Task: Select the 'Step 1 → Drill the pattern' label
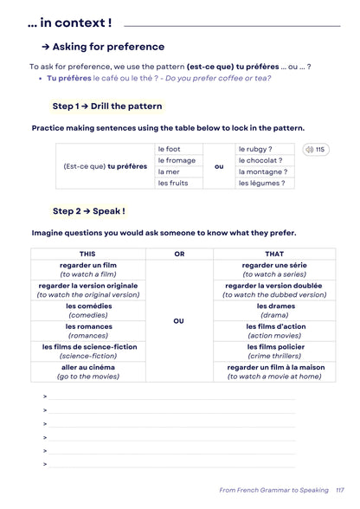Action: pos(106,106)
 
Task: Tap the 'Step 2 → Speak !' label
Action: pos(88,210)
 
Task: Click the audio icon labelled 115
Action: pos(315,150)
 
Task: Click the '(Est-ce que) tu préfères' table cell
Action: pos(106,166)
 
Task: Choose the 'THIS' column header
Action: pos(87,254)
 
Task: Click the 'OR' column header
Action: pos(179,254)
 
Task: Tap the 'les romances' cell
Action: pos(87,331)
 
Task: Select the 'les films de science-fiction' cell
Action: pos(87,351)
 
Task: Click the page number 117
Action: pos(339,490)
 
